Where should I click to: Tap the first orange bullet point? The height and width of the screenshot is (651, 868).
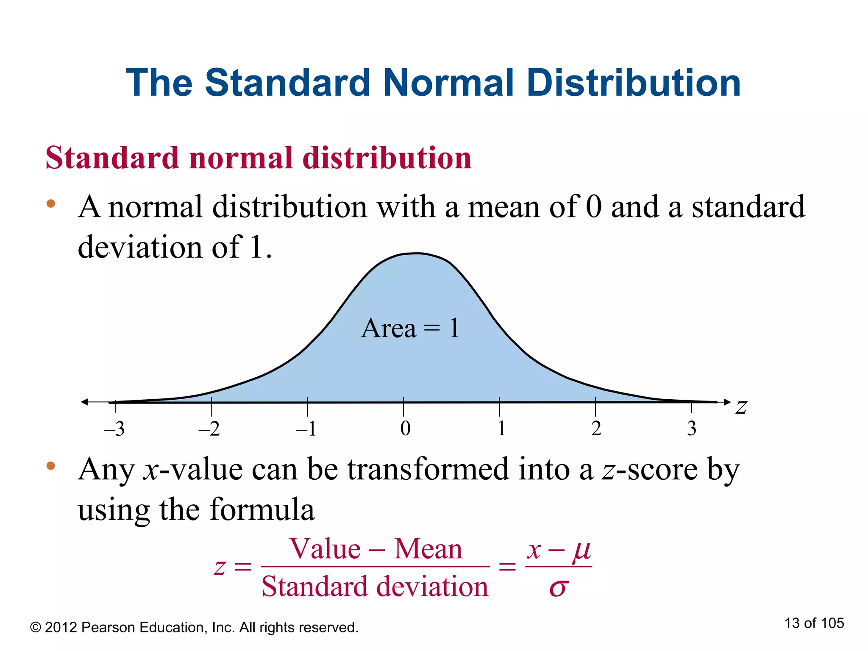coord(51,203)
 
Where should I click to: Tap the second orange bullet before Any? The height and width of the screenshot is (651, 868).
coord(51,466)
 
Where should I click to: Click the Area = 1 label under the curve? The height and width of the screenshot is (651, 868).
coord(410,328)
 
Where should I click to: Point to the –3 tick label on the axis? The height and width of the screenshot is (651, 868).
coord(114,429)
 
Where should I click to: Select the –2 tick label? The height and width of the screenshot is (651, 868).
coord(209,429)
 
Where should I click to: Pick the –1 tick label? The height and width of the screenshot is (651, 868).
coord(306,429)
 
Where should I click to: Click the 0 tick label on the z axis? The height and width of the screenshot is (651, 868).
coord(405,429)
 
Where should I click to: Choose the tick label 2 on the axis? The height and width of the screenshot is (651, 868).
coord(596,429)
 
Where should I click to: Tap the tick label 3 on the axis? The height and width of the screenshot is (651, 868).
coord(692,429)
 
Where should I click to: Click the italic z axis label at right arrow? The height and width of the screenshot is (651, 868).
coord(741,407)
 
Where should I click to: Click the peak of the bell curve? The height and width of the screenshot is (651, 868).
coord(417,253)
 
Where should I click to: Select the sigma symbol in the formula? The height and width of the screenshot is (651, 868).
coord(558,587)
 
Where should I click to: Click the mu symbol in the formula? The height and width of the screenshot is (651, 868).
coord(581,551)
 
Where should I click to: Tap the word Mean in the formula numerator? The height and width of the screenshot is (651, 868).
coord(428,549)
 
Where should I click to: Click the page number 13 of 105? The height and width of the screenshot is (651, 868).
coord(814,623)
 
